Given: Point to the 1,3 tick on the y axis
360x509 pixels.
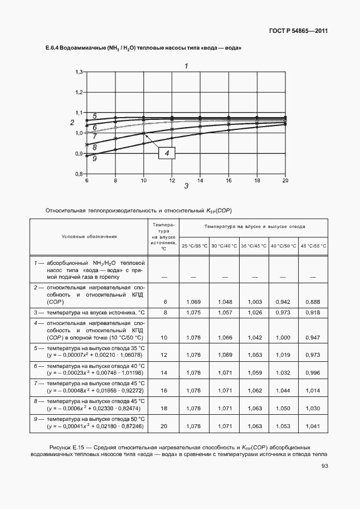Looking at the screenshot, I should pos(79,72).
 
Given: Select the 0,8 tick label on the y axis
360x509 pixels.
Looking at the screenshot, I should pos(79,174).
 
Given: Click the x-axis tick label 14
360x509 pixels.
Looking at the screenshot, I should pos(200,180).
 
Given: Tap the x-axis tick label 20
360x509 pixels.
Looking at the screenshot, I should pos(285,180).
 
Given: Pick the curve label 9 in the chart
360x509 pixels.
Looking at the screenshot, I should pos(95,159).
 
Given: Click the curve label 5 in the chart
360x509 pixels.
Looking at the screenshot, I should pos(95,116).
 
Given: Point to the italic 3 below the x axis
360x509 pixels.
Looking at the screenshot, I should pos(186,186).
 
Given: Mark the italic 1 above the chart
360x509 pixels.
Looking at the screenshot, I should pos(186,66).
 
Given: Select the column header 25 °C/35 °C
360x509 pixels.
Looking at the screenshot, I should pos(194,246).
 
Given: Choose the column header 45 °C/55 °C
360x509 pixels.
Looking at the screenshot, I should pos(313,246).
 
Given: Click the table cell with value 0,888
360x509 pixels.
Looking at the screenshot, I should pos(313,302).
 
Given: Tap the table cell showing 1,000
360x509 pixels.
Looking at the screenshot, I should pos(283,337).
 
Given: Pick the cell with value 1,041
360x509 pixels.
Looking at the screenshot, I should pos(313,426).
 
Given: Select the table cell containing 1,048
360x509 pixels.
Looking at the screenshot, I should pos(224,302).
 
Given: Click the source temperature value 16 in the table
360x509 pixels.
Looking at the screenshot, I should pos(164,390).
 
